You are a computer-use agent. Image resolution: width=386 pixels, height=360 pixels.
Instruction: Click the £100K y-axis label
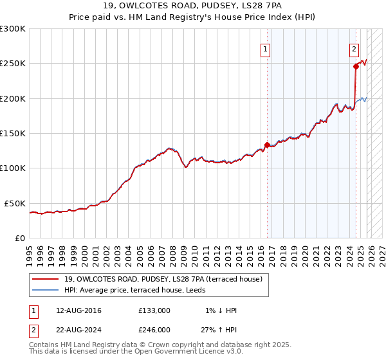click(13, 168)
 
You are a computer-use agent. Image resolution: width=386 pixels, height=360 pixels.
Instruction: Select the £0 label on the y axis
click(20, 238)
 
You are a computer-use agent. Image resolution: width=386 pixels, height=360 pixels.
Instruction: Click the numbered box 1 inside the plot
click(265, 48)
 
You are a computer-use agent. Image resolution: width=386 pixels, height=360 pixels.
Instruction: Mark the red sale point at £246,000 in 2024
click(356, 66)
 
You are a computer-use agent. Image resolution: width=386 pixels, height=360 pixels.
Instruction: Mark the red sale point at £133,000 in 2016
click(267, 145)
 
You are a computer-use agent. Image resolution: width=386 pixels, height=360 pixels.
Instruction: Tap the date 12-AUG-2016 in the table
click(78, 310)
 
